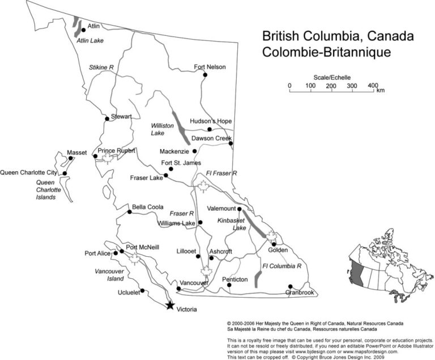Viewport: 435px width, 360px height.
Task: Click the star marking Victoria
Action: tap(169, 306)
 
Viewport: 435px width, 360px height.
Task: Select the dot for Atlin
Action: tap(84, 29)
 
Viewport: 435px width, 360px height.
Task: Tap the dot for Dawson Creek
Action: tap(231, 143)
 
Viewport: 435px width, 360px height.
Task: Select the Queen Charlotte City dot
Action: tap(65, 173)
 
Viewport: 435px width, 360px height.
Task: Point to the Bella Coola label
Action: tap(148, 207)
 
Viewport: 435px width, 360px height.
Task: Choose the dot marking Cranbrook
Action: tap(291, 286)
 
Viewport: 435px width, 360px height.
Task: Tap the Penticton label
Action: tap(235, 279)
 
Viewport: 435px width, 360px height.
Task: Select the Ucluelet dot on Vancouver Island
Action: tap(142, 291)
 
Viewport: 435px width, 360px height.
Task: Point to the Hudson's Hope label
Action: tap(211, 121)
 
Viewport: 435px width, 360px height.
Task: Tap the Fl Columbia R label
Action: tap(281, 265)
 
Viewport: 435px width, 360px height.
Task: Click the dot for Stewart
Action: tap(107, 118)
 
